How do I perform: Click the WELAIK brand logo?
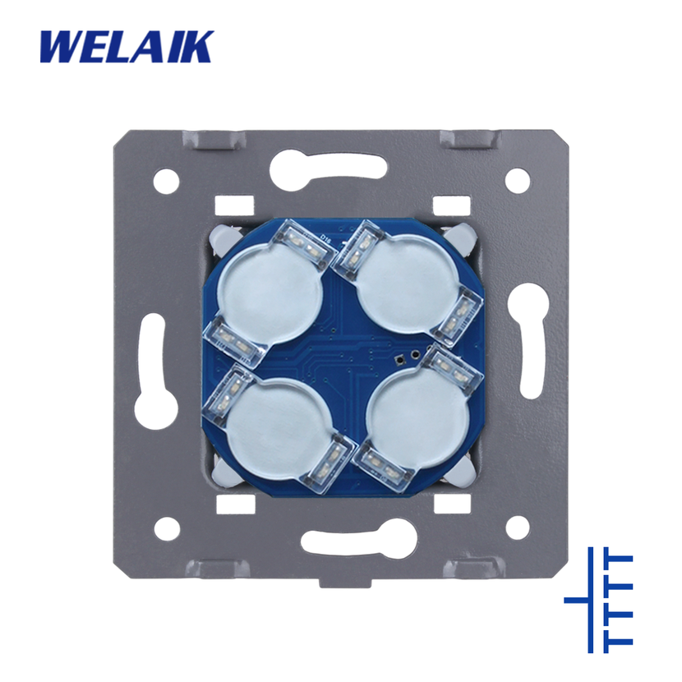click(127, 47)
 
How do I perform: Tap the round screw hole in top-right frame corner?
click(517, 180)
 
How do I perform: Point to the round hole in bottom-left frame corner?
click(168, 526)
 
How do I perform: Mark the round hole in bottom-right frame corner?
click(517, 526)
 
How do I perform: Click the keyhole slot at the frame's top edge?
click(329, 168)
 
